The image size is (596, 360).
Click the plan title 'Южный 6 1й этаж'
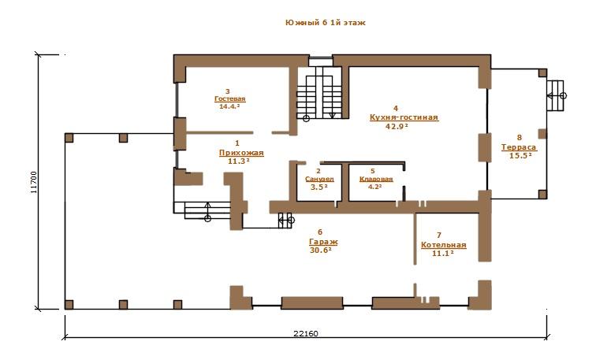(326, 23)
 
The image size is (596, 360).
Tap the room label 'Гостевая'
(230, 98)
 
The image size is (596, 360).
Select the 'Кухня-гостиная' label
(404, 117)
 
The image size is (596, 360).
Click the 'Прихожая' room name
(241, 153)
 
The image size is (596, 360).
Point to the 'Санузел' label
(319, 179)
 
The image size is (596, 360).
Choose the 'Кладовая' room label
(376, 179)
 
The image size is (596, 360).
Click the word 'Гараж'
(323, 242)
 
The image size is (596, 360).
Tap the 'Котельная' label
(444, 245)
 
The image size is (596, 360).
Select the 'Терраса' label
(519, 147)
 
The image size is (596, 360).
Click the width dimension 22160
(306, 333)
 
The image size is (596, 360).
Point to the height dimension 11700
(34, 182)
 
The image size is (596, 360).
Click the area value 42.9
(397, 127)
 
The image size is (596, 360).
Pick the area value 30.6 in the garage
(320, 251)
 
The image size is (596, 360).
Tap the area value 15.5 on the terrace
(520, 155)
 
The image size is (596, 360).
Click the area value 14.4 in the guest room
(229, 106)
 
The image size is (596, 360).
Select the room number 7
(439, 236)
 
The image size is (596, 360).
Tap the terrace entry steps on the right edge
(555, 95)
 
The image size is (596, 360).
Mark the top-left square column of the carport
(69, 138)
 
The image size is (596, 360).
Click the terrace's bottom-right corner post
(542, 195)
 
